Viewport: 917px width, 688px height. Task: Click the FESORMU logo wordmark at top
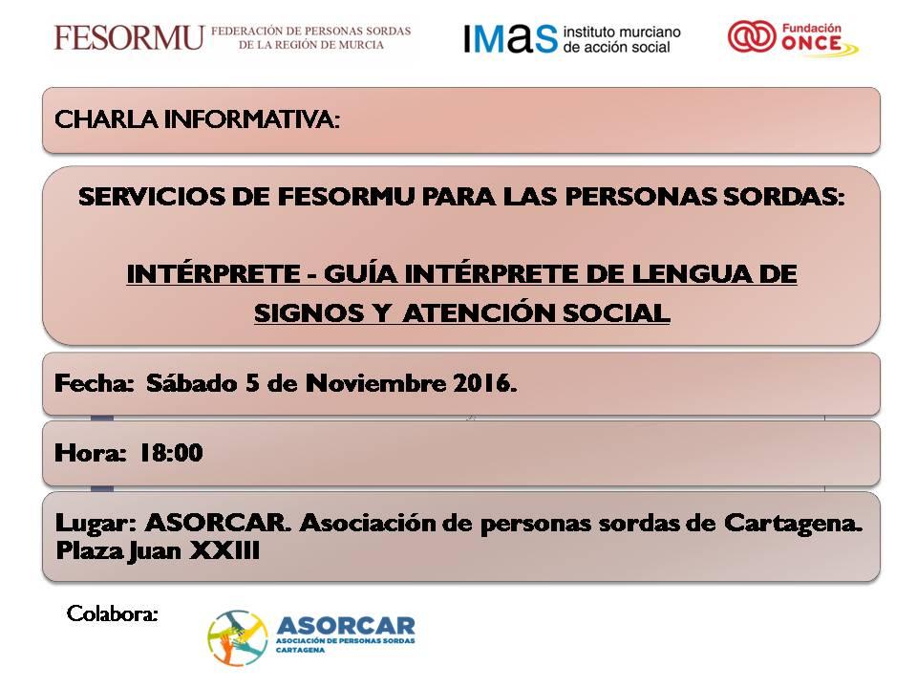pos(129,38)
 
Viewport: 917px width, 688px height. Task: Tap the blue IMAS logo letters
pos(510,38)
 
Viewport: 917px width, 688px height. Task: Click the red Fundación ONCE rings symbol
pos(752,36)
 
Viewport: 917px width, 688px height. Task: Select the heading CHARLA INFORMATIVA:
pos(197,119)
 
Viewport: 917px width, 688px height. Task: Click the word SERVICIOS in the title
pos(152,197)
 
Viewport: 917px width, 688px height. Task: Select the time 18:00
pos(171,453)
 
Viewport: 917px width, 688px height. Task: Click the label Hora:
pos(90,453)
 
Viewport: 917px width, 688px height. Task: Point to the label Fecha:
pos(94,383)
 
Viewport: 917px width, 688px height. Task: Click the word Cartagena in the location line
pos(793,524)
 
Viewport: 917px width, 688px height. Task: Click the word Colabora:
pos(113,613)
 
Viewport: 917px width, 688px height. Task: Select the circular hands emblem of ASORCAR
pos(238,638)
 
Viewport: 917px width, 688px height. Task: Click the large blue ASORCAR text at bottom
pos(346,626)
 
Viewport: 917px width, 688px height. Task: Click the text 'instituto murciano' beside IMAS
pos(622,32)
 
